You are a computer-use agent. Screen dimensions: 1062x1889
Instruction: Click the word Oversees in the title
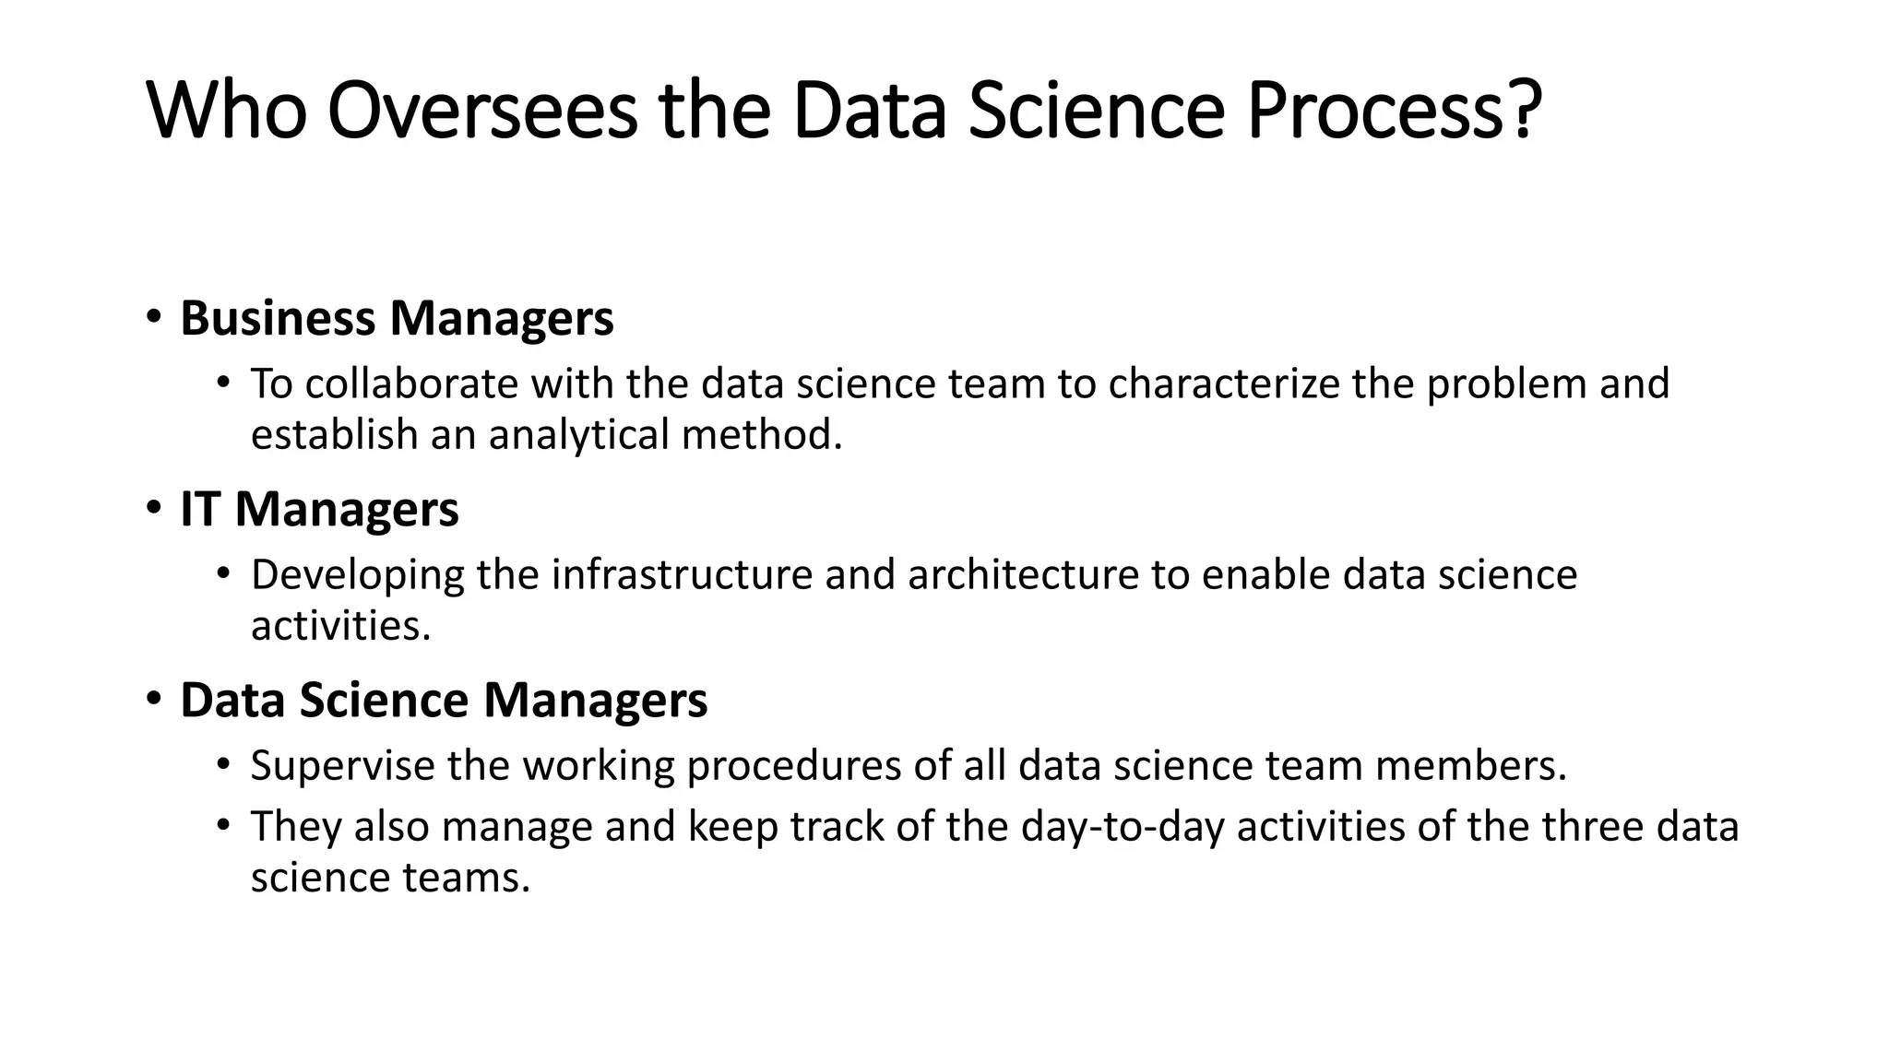click(x=481, y=112)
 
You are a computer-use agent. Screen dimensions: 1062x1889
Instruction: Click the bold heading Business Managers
click(x=397, y=319)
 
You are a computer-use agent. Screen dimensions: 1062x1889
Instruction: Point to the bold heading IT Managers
click(x=319, y=510)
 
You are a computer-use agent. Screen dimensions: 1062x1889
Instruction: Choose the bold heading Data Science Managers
click(x=444, y=701)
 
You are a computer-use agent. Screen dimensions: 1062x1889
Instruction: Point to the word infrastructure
click(x=682, y=575)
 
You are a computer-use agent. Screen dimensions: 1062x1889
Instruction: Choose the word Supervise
click(x=342, y=766)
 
